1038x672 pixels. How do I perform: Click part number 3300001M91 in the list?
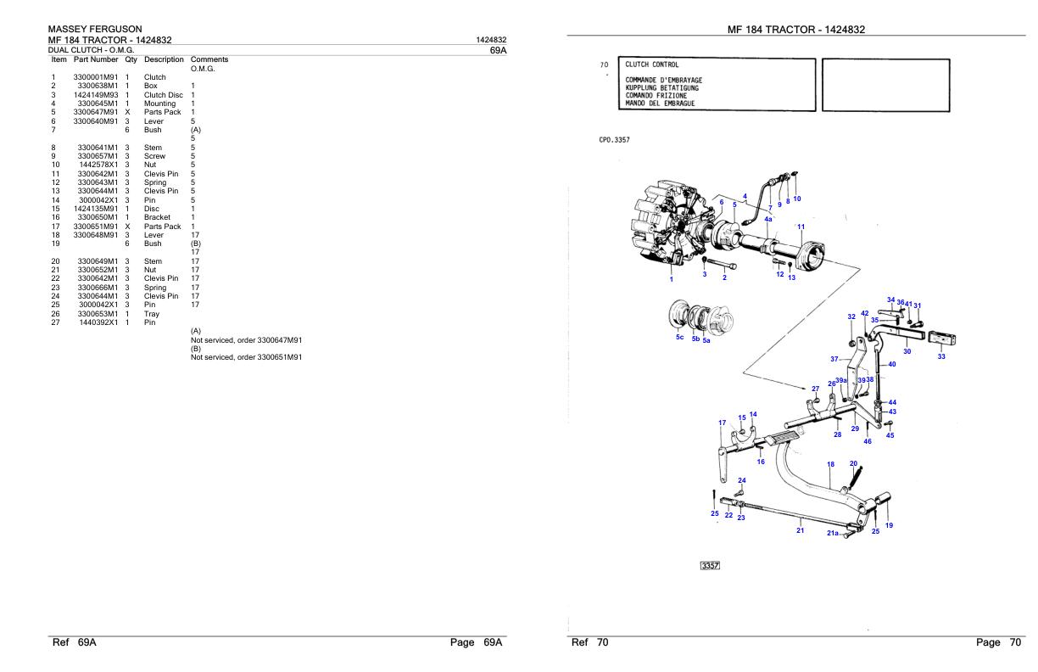[x=96, y=77]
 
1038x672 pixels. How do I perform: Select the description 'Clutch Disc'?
[x=163, y=95]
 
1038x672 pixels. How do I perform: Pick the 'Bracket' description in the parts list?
[x=158, y=217]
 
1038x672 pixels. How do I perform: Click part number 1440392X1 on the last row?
[x=96, y=322]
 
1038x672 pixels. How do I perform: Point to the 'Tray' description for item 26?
[x=152, y=313]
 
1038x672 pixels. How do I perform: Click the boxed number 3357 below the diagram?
[x=709, y=566]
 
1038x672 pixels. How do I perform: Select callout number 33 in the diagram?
[x=941, y=356]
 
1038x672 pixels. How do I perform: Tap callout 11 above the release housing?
[x=801, y=227]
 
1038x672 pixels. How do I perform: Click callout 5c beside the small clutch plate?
[x=679, y=337]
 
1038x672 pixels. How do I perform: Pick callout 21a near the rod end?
[x=833, y=534]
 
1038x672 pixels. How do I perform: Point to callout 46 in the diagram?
[x=868, y=441]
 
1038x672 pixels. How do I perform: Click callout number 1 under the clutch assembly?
[x=671, y=279]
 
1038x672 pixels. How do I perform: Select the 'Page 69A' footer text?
[x=477, y=643]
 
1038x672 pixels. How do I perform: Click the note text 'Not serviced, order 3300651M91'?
[x=247, y=356]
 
